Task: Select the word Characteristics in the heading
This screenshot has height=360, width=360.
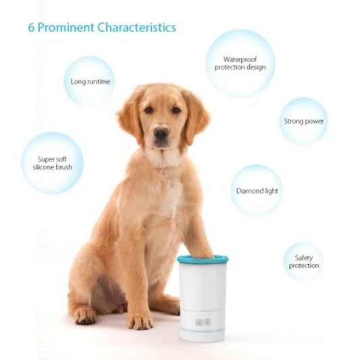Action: point(136,28)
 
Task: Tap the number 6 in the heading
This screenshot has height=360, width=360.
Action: point(31,28)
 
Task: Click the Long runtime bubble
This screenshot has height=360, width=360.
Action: point(90,82)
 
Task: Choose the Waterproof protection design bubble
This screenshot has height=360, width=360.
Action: point(240,63)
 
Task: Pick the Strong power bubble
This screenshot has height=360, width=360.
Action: point(303,122)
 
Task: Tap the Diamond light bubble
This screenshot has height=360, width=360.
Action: point(257,191)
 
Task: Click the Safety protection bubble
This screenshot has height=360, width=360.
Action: point(303,261)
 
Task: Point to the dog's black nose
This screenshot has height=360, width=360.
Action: point(161,134)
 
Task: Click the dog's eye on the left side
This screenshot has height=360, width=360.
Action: point(149,110)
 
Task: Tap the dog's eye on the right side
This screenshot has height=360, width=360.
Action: point(176,110)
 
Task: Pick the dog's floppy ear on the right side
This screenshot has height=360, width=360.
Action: point(197,116)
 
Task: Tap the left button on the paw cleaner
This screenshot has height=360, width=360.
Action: point(199,322)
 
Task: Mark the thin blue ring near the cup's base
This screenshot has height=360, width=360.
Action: point(203,330)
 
